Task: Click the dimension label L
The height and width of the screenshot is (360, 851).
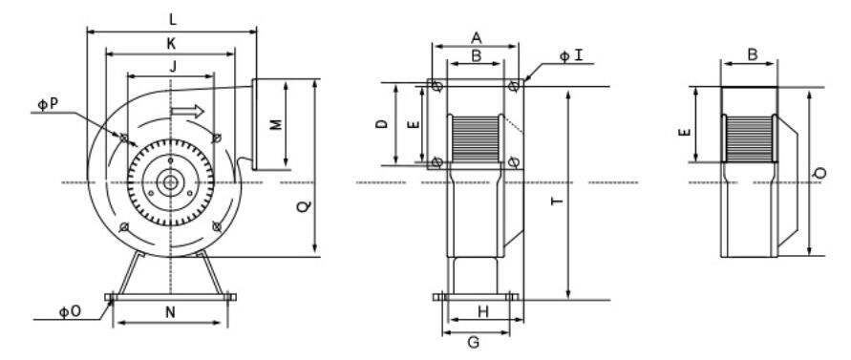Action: click(173, 20)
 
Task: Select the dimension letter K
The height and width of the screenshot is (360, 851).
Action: click(171, 44)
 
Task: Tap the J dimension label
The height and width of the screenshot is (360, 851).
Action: click(173, 67)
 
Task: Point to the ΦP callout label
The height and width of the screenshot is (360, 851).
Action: click(48, 104)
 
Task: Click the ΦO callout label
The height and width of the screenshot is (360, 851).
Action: click(70, 312)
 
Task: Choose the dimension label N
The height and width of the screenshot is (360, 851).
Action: click(170, 312)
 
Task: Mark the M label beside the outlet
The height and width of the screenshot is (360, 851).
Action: click(276, 124)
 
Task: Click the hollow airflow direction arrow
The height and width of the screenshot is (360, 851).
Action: click(187, 112)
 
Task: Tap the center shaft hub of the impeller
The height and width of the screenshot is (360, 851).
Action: click(170, 182)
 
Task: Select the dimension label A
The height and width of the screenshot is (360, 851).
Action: click(476, 38)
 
